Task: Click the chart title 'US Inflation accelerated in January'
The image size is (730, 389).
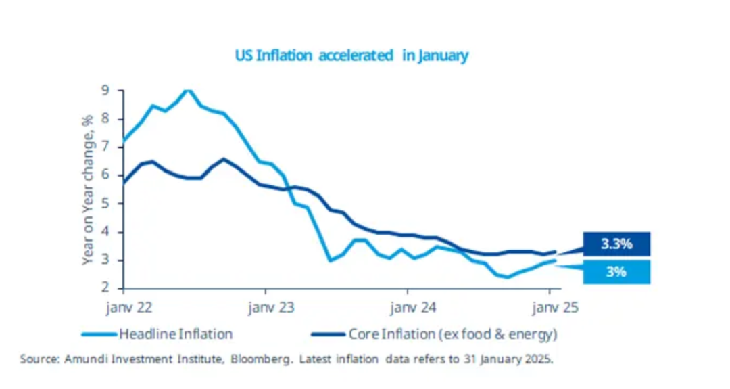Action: pyautogui.click(x=351, y=55)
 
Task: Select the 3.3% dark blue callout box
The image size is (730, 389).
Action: pyautogui.click(x=616, y=244)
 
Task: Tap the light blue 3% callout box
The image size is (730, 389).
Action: pyautogui.click(x=616, y=272)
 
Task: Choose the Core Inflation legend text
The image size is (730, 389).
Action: pyautogui.click(x=454, y=334)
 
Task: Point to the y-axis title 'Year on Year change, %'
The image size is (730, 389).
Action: pyautogui.click(x=87, y=189)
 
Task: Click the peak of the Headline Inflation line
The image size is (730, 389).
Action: pyautogui.click(x=187, y=90)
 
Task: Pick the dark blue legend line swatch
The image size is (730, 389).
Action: pyautogui.click(x=328, y=334)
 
